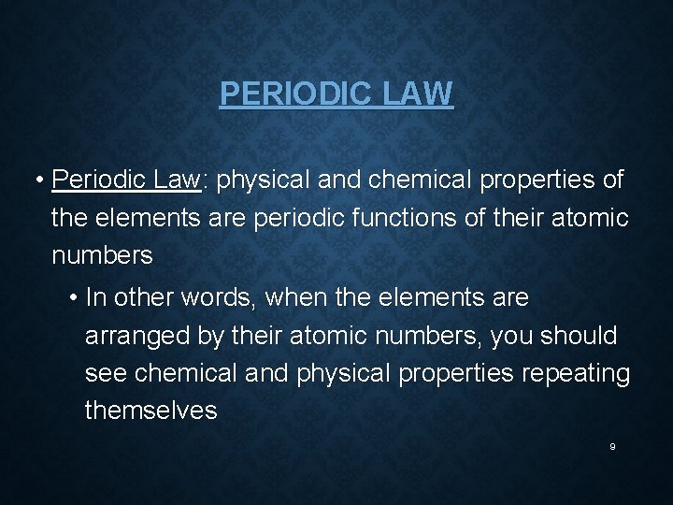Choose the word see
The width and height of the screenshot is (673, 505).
[x=106, y=373]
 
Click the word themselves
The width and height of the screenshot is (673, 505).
[x=150, y=411]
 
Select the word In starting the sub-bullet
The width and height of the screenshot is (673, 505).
[x=94, y=298]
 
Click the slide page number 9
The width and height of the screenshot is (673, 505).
[x=612, y=447]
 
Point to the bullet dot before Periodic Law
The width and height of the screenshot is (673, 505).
[x=42, y=180]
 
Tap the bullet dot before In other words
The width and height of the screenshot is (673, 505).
[x=74, y=299]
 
